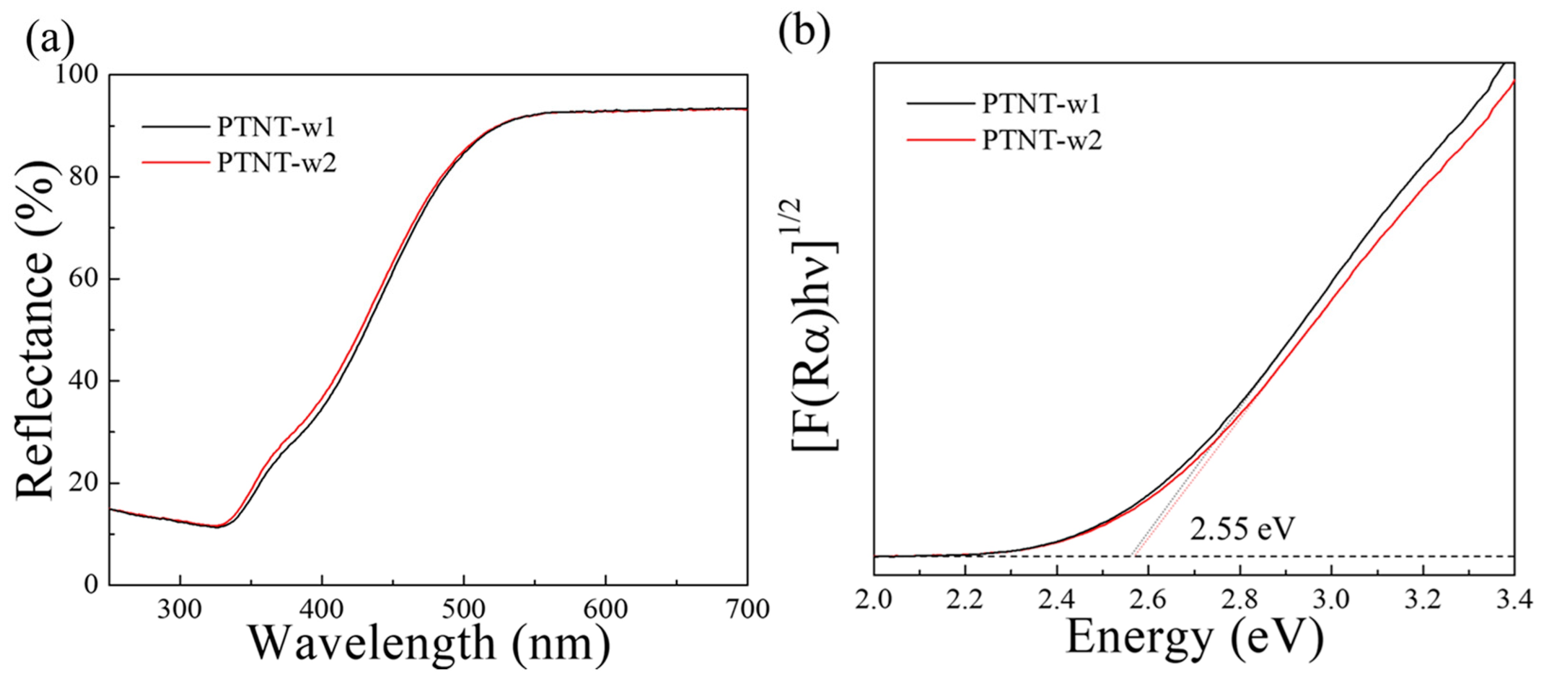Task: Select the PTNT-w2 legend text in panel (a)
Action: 276,163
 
